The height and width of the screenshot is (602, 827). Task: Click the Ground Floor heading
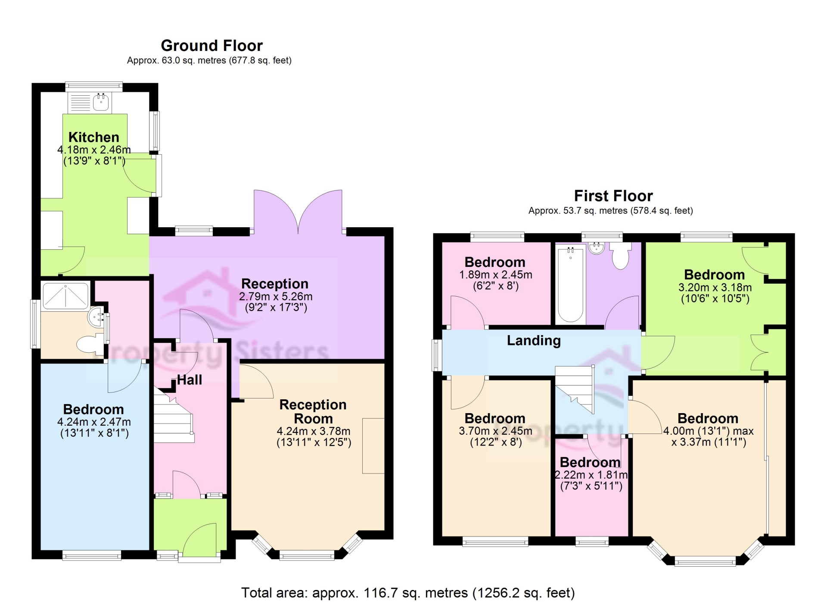[x=211, y=46]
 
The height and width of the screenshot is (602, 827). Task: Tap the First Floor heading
[x=613, y=196]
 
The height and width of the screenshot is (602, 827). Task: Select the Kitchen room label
[x=93, y=137]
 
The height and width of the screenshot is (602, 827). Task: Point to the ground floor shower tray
[x=65, y=296]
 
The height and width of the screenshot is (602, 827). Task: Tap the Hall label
[x=190, y=380]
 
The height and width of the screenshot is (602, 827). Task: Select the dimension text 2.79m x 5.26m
[x=276, y=296]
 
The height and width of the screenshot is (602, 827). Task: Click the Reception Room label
[x=313, y=411]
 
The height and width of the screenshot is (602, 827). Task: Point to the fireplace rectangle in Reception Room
[x=373, y=445]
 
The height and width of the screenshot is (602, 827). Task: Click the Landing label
[x=534, y=341]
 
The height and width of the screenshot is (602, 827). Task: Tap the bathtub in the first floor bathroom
[x=570, y=285]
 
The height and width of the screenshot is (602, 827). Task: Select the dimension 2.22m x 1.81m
[x=591, y=475]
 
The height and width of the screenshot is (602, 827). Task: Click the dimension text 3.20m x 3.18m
[x=715, y=287]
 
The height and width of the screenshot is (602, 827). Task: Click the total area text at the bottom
[x=407, y=593]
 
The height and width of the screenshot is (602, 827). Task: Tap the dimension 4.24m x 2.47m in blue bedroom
[x=94, y=422]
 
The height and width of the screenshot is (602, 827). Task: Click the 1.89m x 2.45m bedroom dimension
[x=495, y=275]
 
